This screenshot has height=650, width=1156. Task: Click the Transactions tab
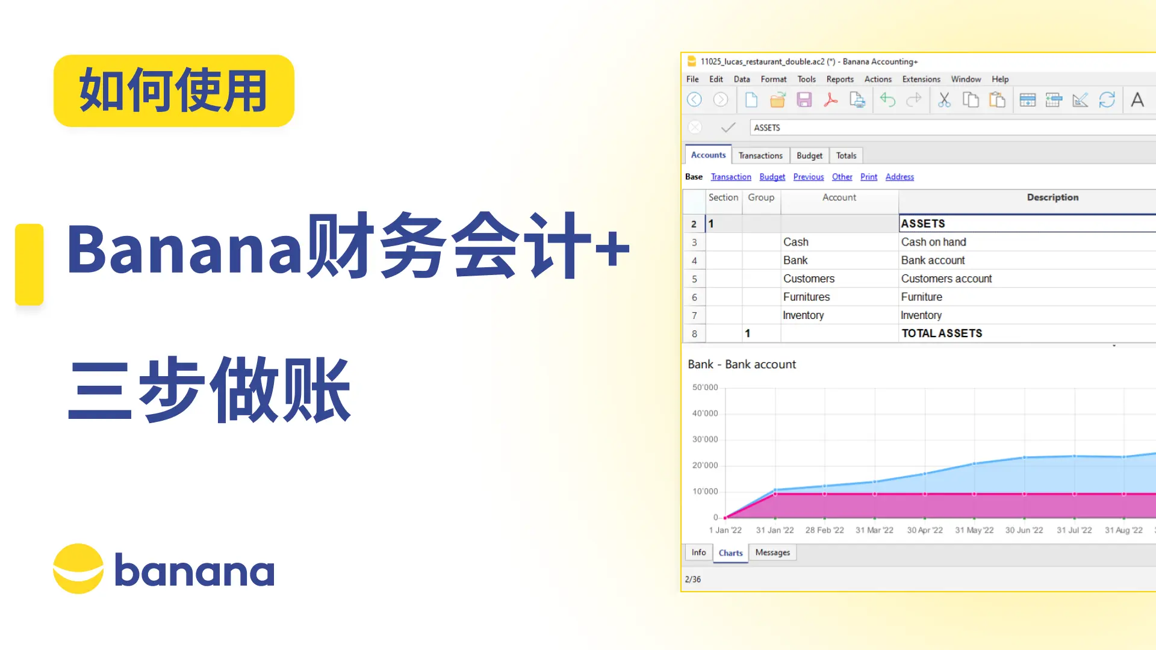pyautogui.click(x=760, y=155)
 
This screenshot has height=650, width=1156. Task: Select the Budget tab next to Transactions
pyautogui.click(x=809, y=155)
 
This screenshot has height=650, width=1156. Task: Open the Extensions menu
pyautogui.click(x=921, y=79)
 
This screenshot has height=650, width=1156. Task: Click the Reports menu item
pyautogui.click(x=840, y=79)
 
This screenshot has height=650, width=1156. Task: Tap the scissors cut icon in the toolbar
pyautogui.click(x=944, y=100)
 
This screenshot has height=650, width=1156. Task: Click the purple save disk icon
pyautogui.click(x=804, y=100)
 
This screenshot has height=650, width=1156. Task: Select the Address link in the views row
pyautogui.click(x=900, y=176)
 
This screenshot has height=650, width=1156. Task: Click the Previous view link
pyautogui.click(x=808, y=176)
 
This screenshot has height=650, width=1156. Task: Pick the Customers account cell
pyautogui.click(x=809, y=279)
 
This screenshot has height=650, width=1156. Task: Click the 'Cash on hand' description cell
pyautogui.click(x=933, y=242)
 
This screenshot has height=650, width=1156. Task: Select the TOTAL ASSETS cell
pyautogui.click(x=941, y=333)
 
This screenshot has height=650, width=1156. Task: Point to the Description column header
pyautogui.click(x=1052, y=197)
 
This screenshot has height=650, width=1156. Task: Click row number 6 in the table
pyautogui.click(x=694, y=297)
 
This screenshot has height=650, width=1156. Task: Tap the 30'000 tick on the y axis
pyautogui.click(x=705, y=439)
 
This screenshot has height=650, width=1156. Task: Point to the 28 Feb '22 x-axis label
pyautogui.click(x=824, y=530)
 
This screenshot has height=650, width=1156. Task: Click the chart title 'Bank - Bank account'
pyautogui.click(x=742, y=364)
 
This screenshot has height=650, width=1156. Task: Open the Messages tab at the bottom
pyautogui.click(x=772, y=552)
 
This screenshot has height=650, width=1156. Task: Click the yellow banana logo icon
pyautogui.click(x=78, y=569)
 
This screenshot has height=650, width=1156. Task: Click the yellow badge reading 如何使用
pyautogui.click(x=173, y=91)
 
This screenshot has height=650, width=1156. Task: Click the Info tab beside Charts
pyautogui.click(x=698, y=552)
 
